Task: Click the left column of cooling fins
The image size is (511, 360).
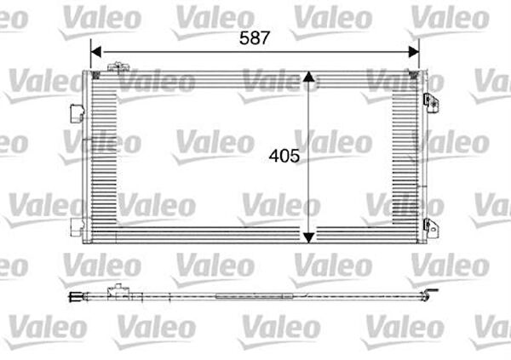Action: pos(105,153)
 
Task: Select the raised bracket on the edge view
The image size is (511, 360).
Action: pos(115,292)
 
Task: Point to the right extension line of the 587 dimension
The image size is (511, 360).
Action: pos(419,56)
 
